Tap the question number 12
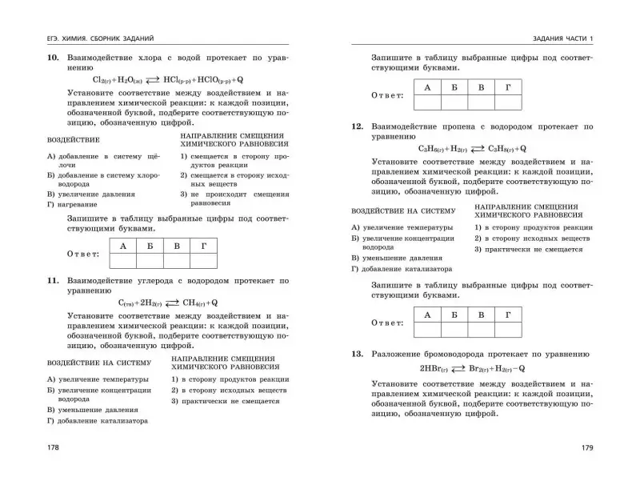pyautogui.click(x=358, y=126)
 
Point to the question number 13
pyautogui.click(x=358, y=353)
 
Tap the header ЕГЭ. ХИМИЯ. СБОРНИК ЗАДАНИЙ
pyautogui.click(x=100, y=38)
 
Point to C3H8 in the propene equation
pyautogui.click(x=501, y=149)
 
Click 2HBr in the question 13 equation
pyautogui.click(x=432, y=369)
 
